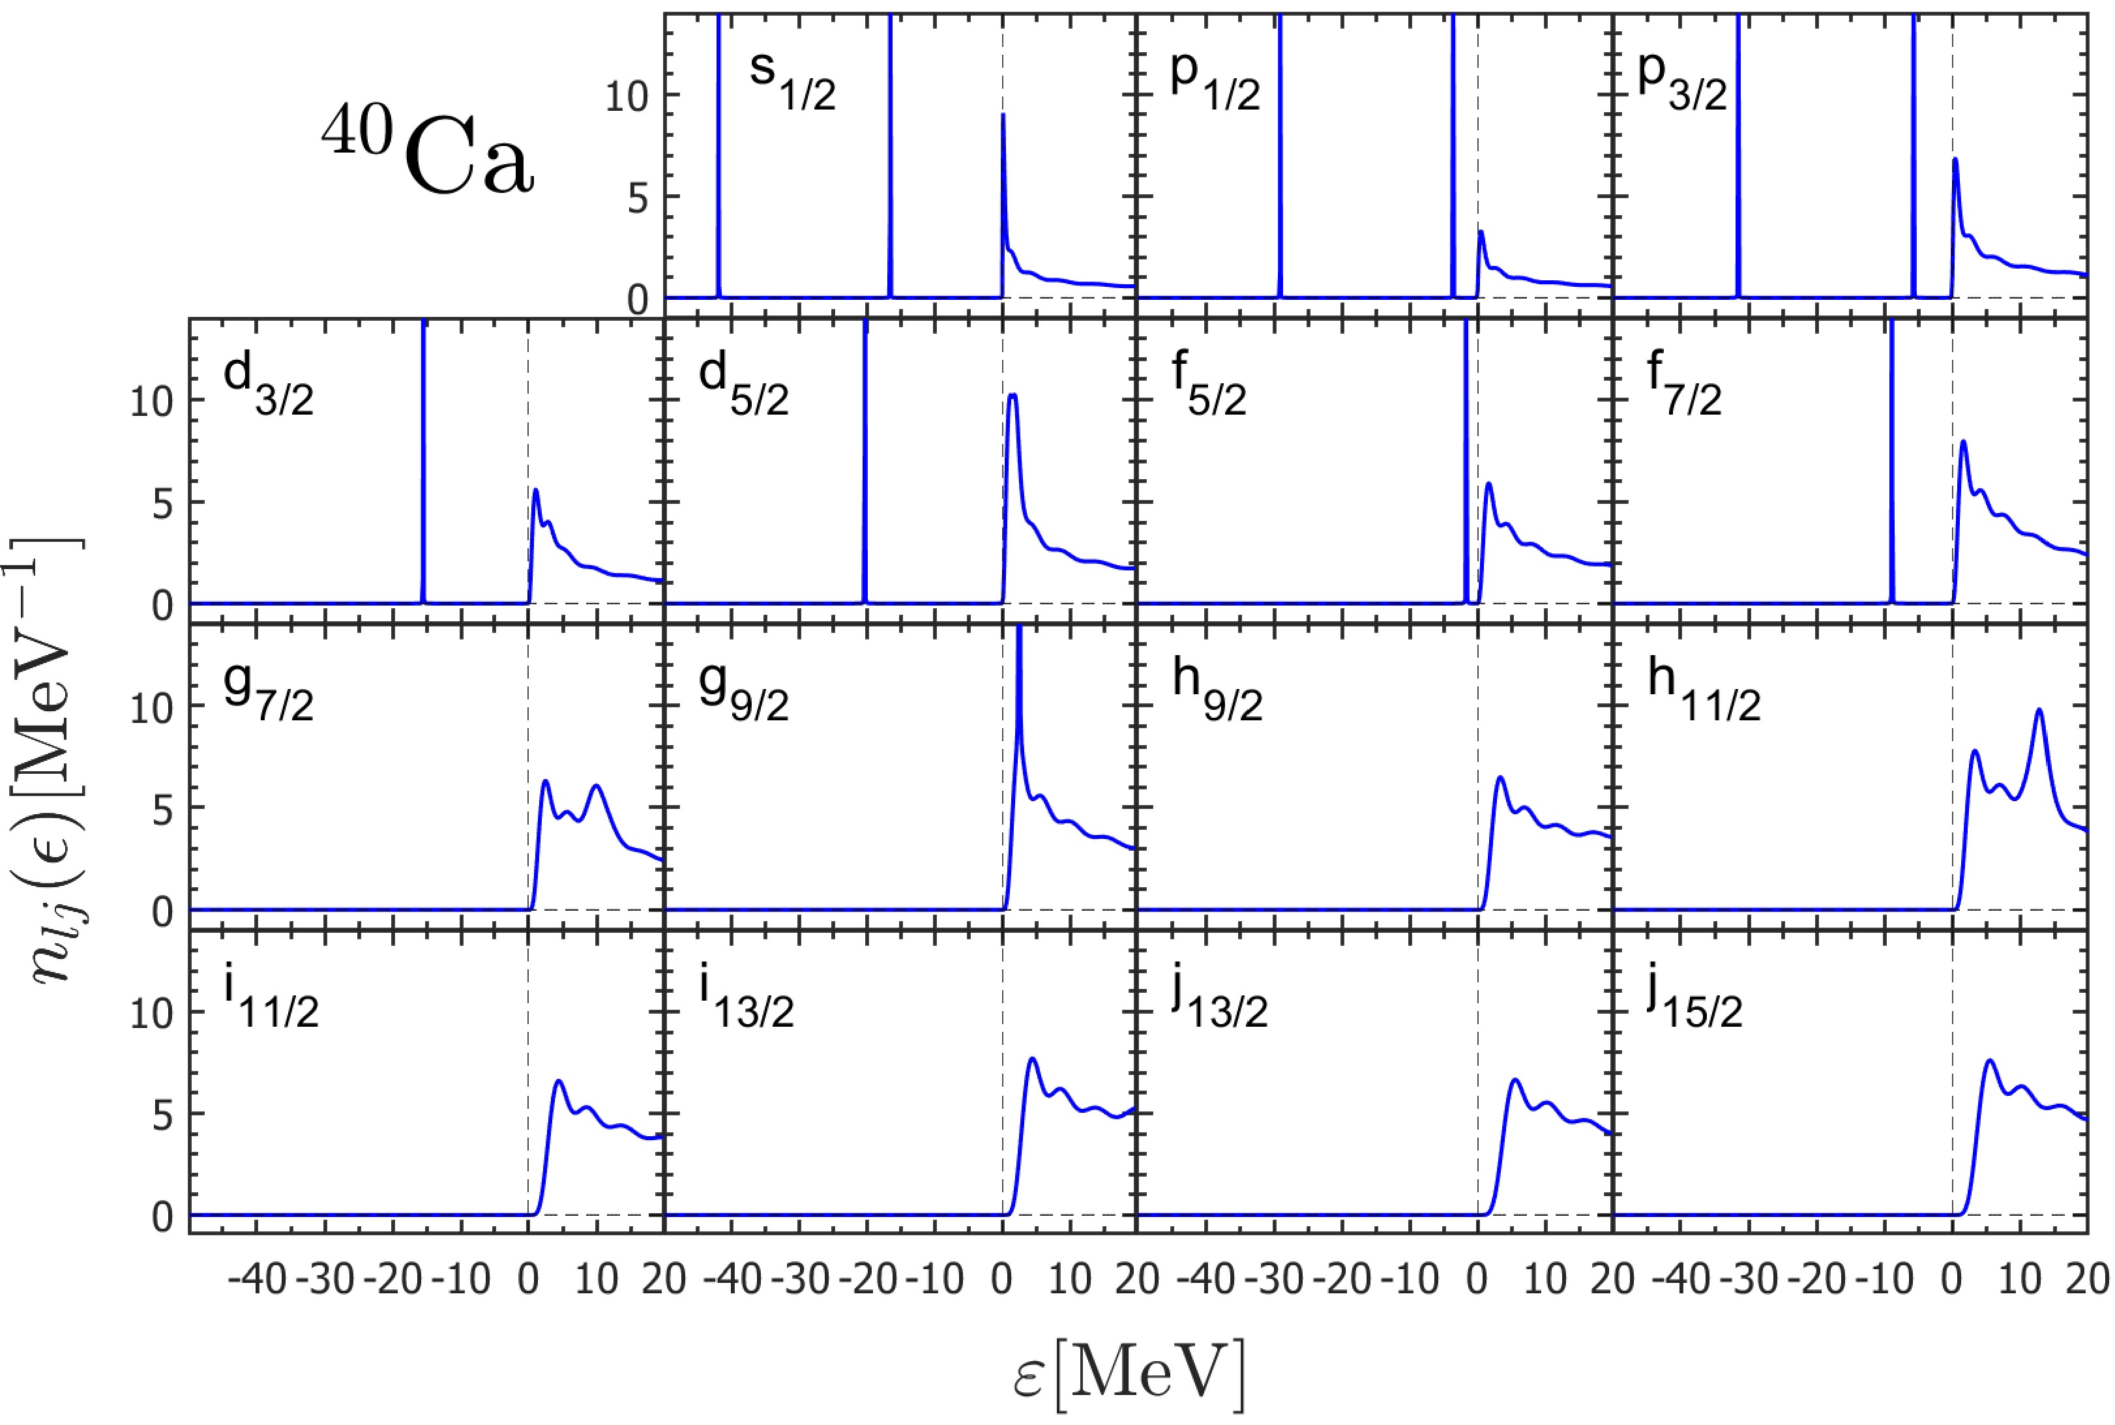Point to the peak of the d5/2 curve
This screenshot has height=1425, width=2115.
[x=1013, y=395]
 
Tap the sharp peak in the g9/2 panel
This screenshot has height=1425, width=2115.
[x=1019, y=636]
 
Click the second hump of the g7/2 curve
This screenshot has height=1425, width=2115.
[x=597, y=786]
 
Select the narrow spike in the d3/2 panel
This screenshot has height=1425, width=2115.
[x=424, y=454]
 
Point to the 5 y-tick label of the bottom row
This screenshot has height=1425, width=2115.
[x=163, y=1115]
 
